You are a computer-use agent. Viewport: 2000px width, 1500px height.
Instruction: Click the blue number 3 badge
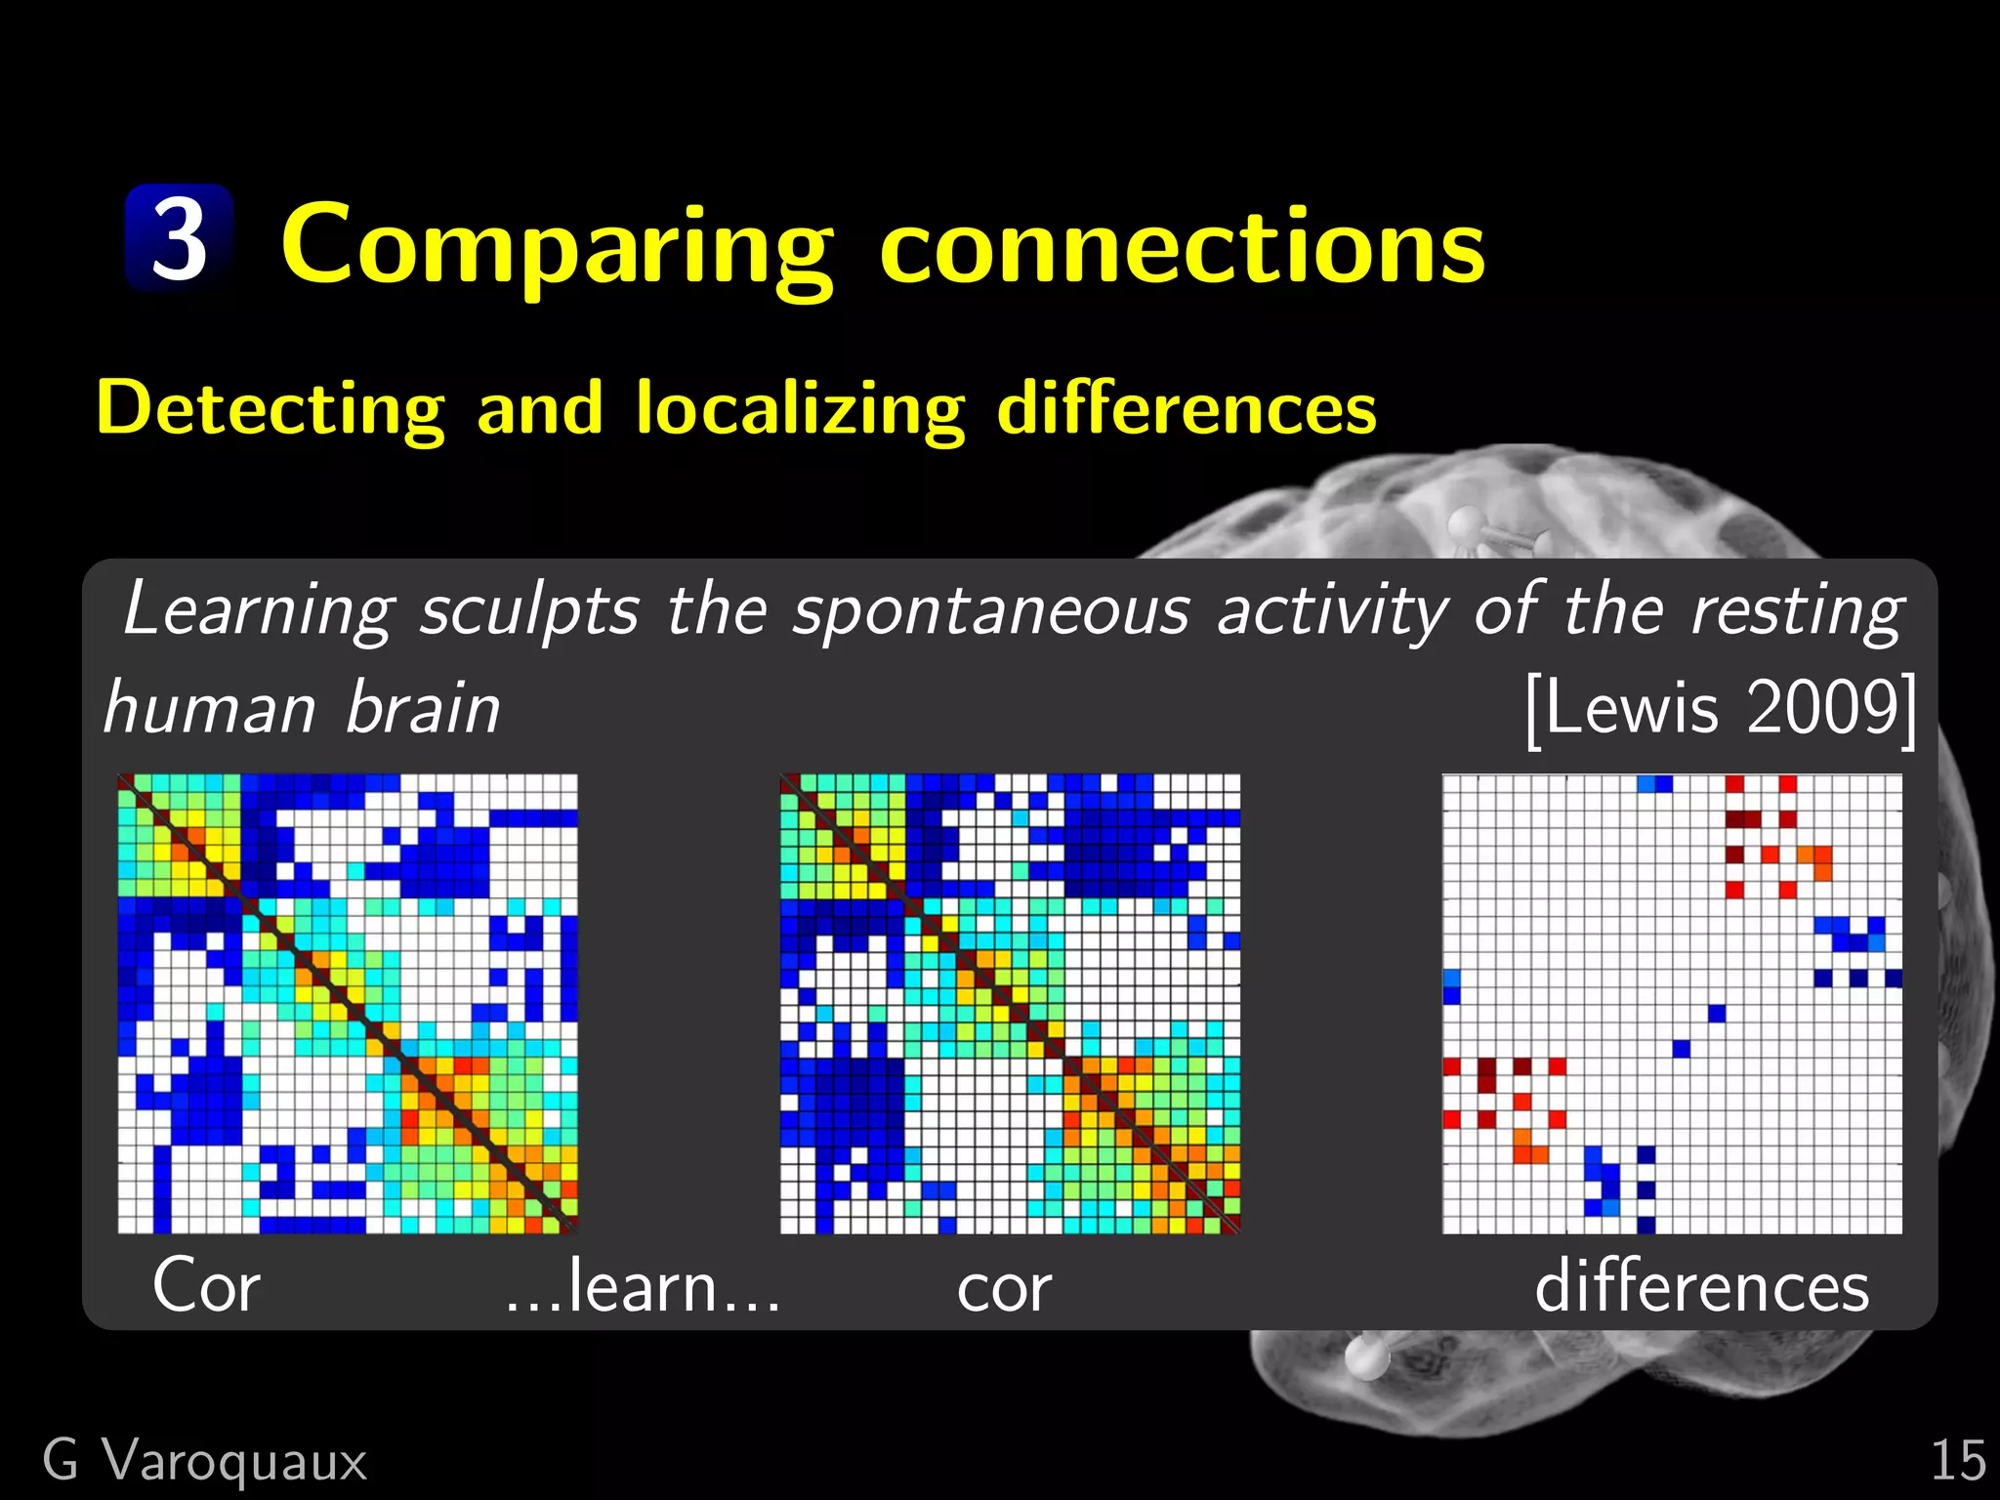click(x=180, y=238)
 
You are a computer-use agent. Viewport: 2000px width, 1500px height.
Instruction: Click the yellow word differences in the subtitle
click(x=1187, y=408)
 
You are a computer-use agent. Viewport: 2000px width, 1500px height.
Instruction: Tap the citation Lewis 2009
click(x=1720, y=708)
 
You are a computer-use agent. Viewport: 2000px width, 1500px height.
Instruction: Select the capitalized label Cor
click(x=206, y=1286)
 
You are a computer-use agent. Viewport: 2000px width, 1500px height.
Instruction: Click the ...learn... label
click(x=643, y=1286)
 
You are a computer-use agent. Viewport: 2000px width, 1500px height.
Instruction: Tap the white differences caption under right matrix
click(x=1701, y=1286)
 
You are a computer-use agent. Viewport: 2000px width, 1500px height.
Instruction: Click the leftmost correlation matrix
click(x=348, y=1004)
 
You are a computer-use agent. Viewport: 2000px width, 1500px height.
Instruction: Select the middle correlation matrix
click(x=1010, y=1004)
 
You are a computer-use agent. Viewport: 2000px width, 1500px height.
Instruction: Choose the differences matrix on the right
click(x=1672, y=1004)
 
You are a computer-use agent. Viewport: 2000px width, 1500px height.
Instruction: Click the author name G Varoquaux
click(x=205, y=1461)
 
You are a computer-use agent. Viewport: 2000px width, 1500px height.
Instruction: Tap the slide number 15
click(x=1957, y=1461)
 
